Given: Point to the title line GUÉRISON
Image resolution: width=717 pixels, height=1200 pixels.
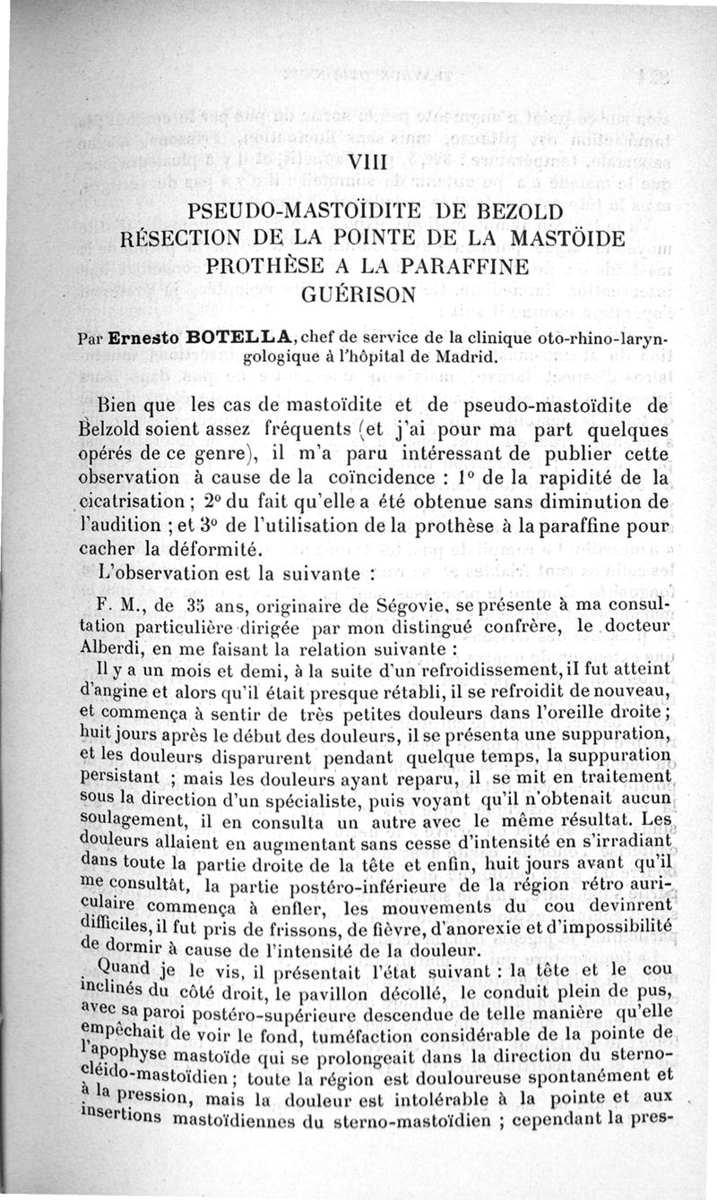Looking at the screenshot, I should pos(356,294).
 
